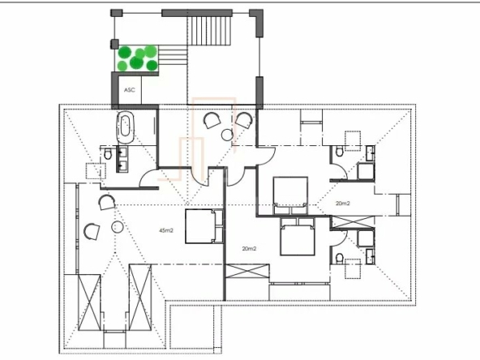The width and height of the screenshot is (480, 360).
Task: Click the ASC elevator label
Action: (129, 90)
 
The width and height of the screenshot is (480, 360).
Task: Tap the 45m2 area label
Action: (166, 230)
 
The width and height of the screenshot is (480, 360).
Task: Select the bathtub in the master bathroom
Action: (125, 127)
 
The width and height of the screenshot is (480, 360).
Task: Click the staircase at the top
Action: (208, 31)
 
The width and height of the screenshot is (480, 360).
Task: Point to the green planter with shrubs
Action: (137, 58)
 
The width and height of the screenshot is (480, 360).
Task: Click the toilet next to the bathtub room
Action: (108, 154)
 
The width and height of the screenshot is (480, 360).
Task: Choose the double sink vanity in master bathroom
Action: (122, 159)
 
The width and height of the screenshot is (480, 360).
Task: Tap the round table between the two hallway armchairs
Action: (227, 135)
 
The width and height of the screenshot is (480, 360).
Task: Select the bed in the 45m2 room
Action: (204, 226)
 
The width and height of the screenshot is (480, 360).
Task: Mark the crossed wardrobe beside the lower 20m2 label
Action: (247, 272)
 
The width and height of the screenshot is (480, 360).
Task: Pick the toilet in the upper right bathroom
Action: (339, 152)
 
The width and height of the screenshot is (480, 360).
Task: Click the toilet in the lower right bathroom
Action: (340, 259)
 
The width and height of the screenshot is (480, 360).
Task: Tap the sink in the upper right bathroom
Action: (371, 152)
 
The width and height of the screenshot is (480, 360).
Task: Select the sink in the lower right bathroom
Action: (371, 256)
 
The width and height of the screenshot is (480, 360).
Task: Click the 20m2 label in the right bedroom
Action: (342, 204)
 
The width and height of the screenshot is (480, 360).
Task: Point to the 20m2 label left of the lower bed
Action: (249, 249)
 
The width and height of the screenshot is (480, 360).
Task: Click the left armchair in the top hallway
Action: (212, 120)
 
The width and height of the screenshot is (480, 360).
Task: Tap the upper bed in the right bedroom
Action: (290, 195)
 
